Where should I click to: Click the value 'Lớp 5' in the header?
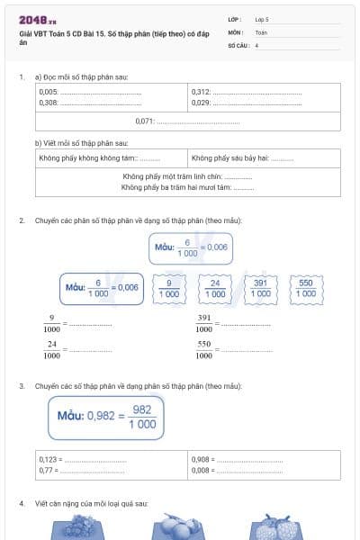(x=262, y=18)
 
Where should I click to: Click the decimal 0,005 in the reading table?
(x=49, y=92)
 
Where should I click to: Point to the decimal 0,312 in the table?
(x=201, y=92)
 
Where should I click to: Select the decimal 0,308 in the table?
(x=49, y=103)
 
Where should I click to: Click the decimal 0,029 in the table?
(x=201, y=103)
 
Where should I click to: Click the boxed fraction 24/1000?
(x=215, y=288)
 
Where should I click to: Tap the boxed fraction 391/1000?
(x=261, y=288)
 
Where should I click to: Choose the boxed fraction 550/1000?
(x=306, y=288)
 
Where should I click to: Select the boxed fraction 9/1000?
(x=169, y=288)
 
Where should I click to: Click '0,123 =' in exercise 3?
(x=49, y=459)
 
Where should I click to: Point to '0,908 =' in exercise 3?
(x=202, y=459)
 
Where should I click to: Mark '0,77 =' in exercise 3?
(x=48, y=469)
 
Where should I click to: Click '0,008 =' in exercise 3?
(x=202, y=469)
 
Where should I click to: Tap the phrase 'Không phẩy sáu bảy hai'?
(x=229, y=158)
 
